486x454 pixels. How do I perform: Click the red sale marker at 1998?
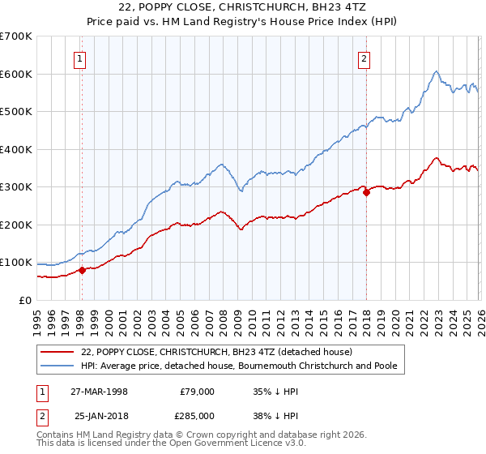(x=82, y=271)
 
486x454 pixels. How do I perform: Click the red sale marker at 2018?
(x=366, y=193)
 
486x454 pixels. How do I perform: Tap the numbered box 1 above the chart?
(x=81, y=58)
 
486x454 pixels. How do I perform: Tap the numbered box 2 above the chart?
(x=364, y=58)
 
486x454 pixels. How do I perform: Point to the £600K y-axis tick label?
(x=16, y=74)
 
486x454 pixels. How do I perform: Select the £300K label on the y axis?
(x=16, y=187)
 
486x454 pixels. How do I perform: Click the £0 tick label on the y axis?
(x=26, y=301)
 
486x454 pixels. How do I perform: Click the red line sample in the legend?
(x=56, y=352)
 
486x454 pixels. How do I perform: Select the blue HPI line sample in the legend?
(x=56, y=366)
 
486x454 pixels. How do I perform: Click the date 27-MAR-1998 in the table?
(x=99, y=391)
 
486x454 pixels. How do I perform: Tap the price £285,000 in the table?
(x=197, y=417)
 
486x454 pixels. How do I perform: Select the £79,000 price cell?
(x=197, y=391)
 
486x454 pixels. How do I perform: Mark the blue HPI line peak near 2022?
(x=436, y=71)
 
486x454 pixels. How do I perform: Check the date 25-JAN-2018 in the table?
(x=99, y=417)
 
